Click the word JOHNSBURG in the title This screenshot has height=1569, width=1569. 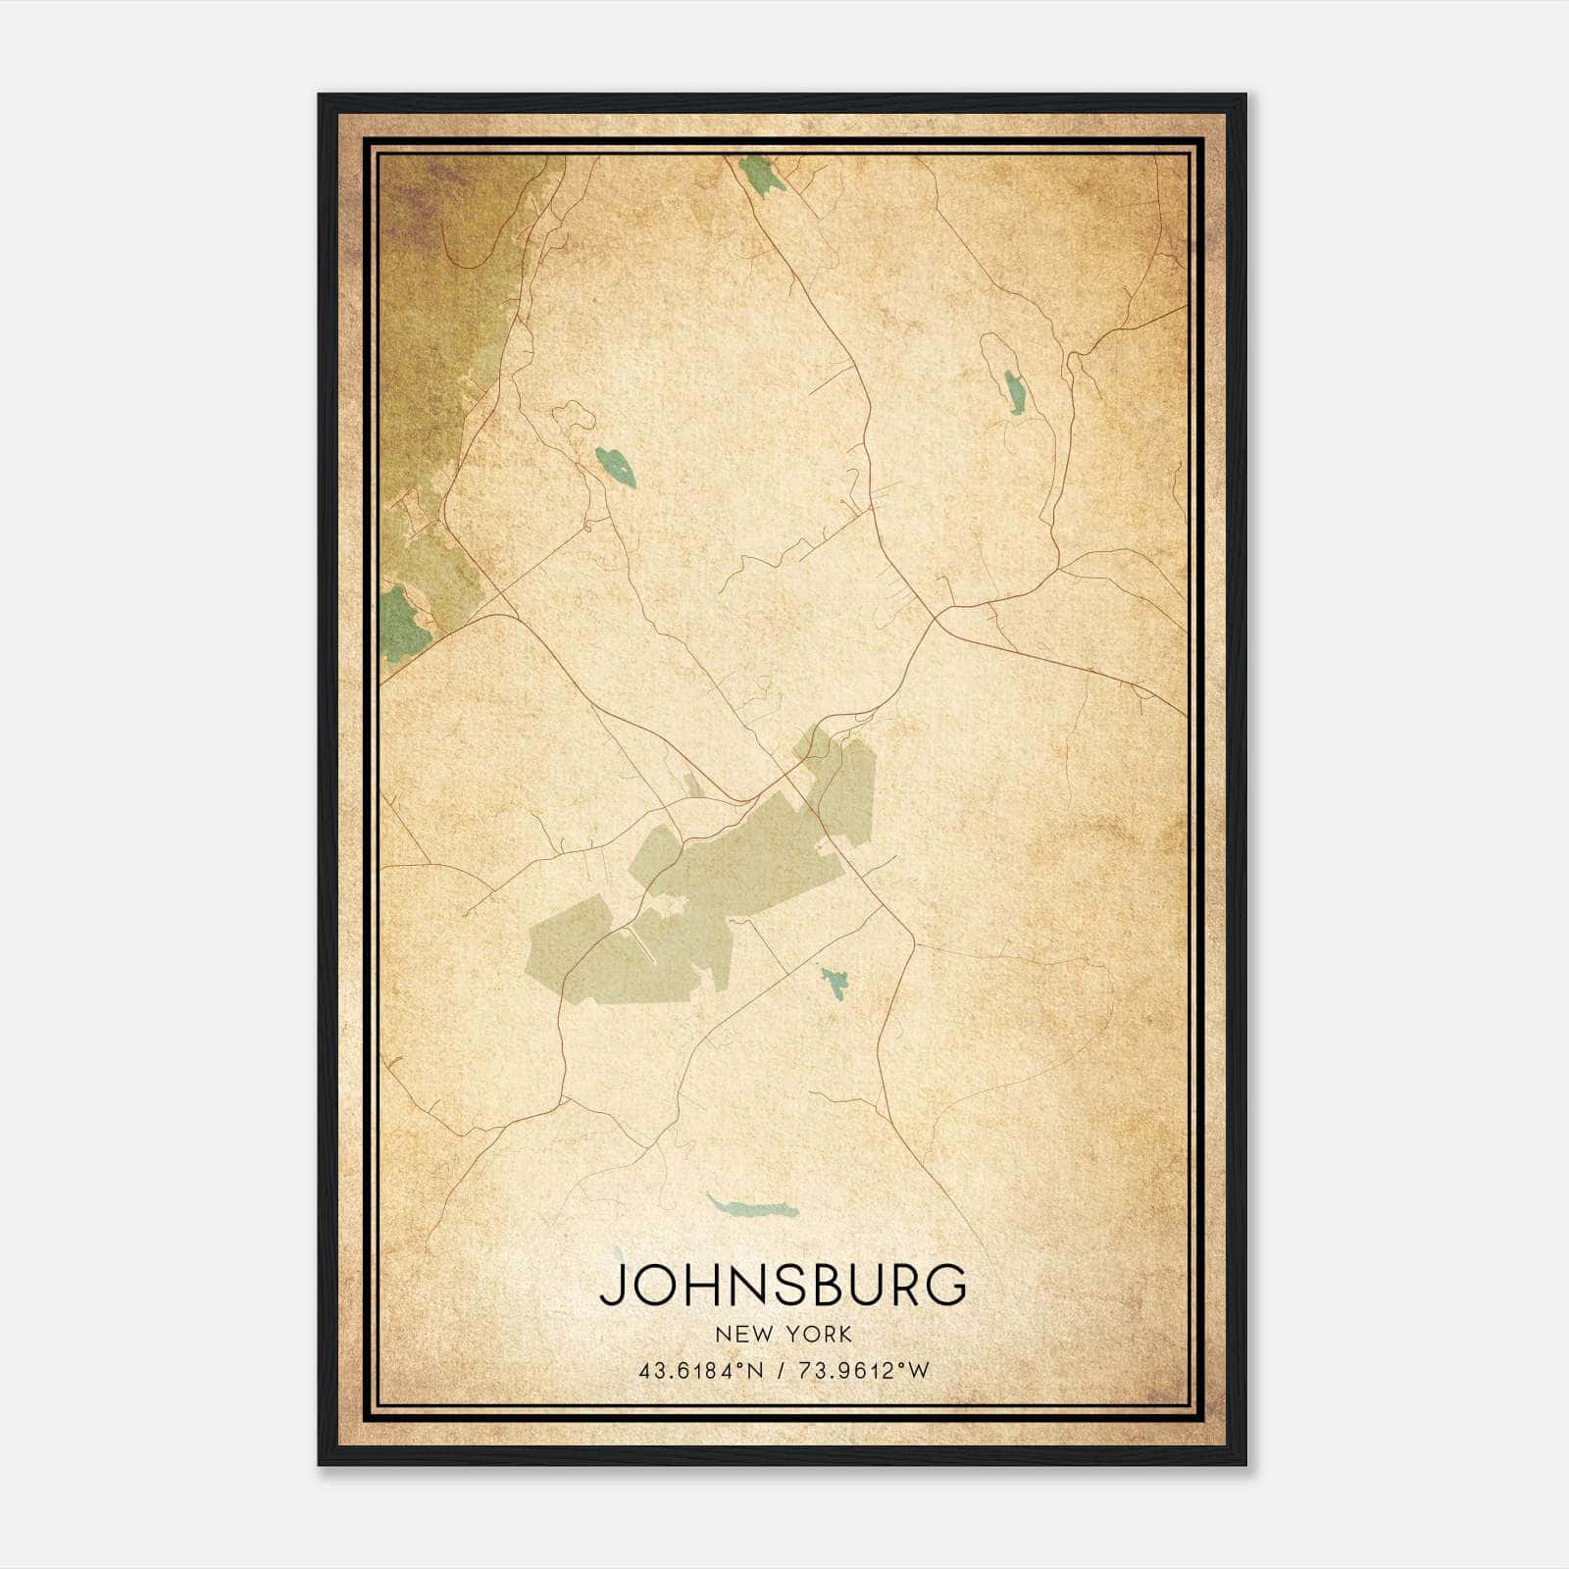pos(783,1285)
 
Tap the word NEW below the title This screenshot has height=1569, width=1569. pos(740,1335)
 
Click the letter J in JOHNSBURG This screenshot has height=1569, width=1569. pos(610,1285)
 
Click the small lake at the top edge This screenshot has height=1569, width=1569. pos(760,175)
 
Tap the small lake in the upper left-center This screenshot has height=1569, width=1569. pos(615,466)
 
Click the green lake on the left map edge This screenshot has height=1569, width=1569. pos(402,625)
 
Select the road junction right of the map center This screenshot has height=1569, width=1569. pos(938,614)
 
